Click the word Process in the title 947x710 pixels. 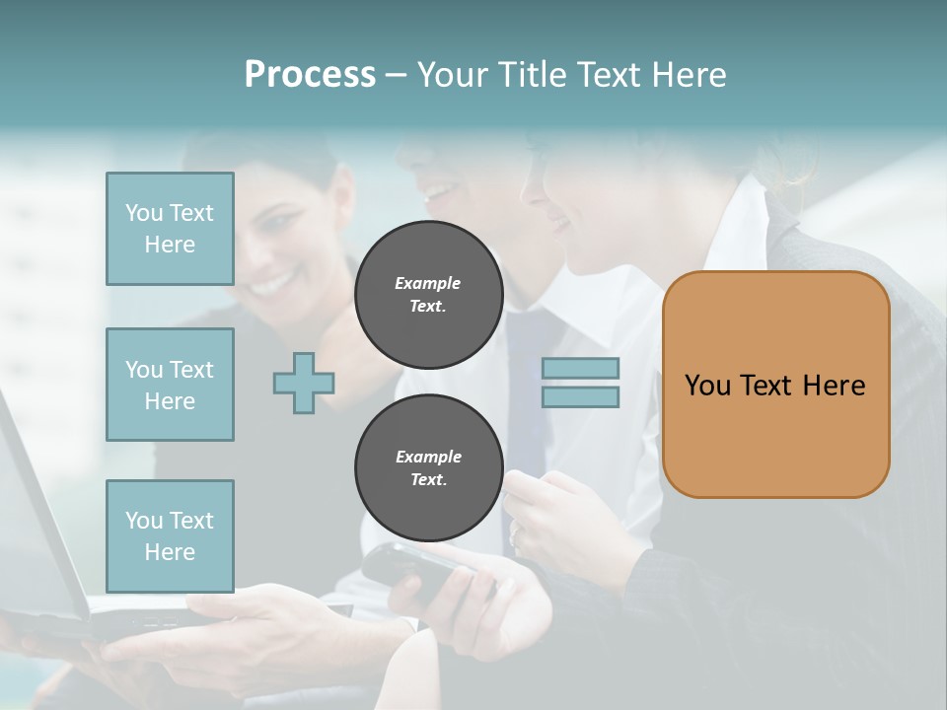(310, 75)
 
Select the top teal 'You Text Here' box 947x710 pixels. (170, 229)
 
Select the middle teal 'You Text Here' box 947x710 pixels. (170, 385)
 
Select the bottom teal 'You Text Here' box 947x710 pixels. (170, 535)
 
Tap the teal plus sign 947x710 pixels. (304, 383)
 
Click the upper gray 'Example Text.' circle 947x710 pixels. (428, 295)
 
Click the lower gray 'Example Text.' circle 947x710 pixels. (428, 468)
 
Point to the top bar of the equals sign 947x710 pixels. (580, 368)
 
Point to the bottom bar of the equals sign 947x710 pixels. (580, 396)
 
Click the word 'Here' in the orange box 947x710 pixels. (834, 386)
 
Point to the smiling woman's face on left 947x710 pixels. (286, 247)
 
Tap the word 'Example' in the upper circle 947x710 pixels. (428, 283)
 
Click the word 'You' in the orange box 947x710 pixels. (708, 386)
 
